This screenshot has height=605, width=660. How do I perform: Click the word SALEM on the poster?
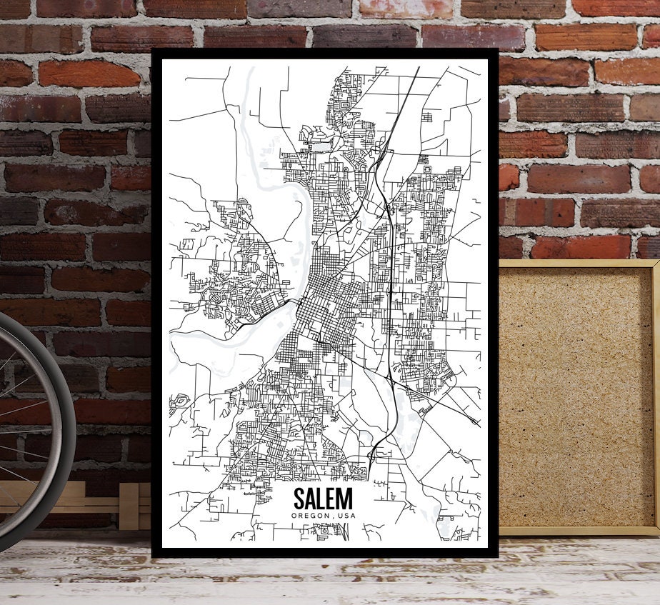322,499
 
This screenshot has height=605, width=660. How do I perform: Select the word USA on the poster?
345,516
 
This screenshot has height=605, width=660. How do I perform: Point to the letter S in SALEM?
299,499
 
